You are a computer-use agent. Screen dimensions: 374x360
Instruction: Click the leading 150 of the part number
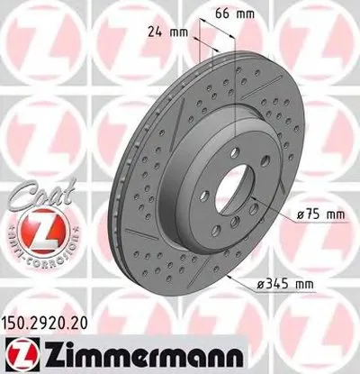[x=15, y=320]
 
